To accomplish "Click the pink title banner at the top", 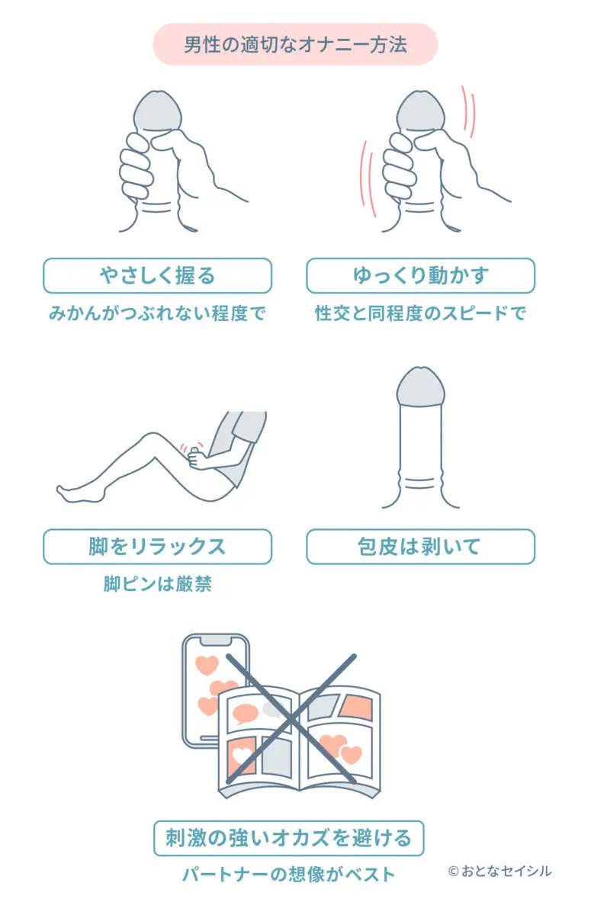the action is (295, 44).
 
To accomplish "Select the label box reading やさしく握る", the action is (158, 276).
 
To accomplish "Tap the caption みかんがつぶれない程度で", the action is (157, 313).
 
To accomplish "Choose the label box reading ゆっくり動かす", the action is (421, 276).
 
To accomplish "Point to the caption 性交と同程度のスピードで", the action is (420, 313).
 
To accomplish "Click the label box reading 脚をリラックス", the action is (158, 547).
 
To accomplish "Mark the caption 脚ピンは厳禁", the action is (158, 584).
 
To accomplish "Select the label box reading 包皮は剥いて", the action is (421, 547).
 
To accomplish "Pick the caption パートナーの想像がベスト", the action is (289, 875).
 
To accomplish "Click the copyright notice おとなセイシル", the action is (500, 872).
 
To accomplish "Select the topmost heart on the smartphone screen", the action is (207, 665).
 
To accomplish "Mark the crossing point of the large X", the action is (291, 719).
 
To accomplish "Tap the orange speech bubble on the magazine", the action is (245, 714).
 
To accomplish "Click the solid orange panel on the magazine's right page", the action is (356, 707).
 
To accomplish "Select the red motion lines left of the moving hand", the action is (368, 179).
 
